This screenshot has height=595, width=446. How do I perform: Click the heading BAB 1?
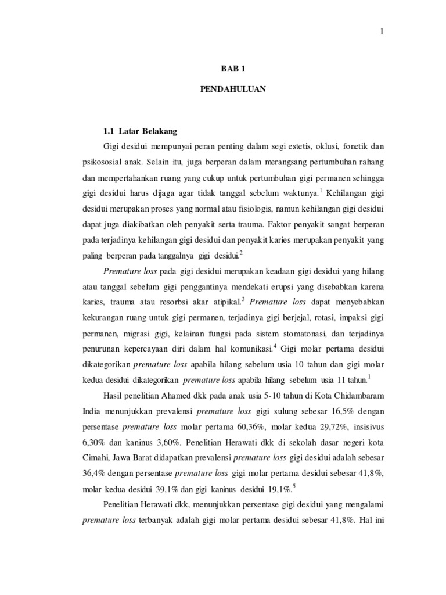click(x=233, y=69)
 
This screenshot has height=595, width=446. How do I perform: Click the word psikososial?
click(x=103, y=160)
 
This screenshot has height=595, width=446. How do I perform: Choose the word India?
click(x=95, y=412)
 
